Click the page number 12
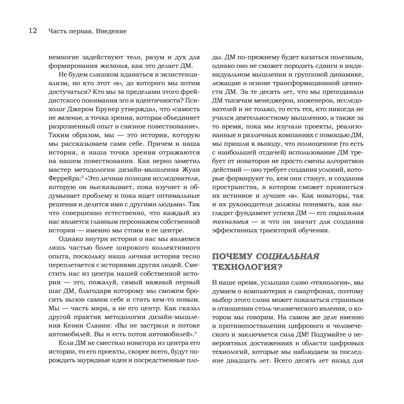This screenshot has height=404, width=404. [x=32, y=31]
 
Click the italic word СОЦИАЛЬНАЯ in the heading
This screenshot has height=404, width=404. [x=288, y=256]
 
